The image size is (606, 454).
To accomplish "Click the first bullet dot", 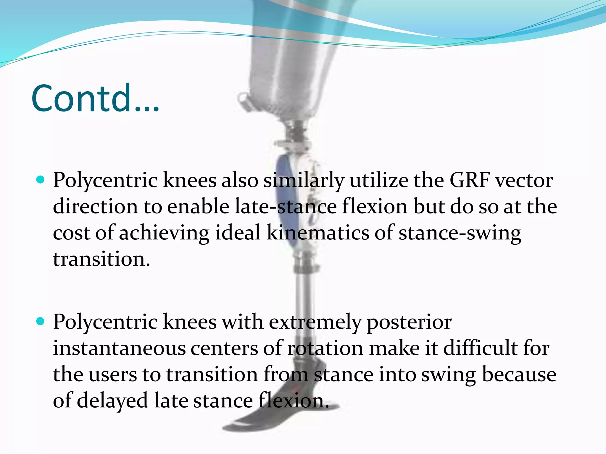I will tap(40, 179).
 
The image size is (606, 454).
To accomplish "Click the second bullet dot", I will tap(40, 321).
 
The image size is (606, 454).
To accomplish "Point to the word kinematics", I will tap(318, 233).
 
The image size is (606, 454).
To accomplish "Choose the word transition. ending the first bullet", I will tap(101, 259).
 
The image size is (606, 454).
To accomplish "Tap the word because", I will tap(519, 374).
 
